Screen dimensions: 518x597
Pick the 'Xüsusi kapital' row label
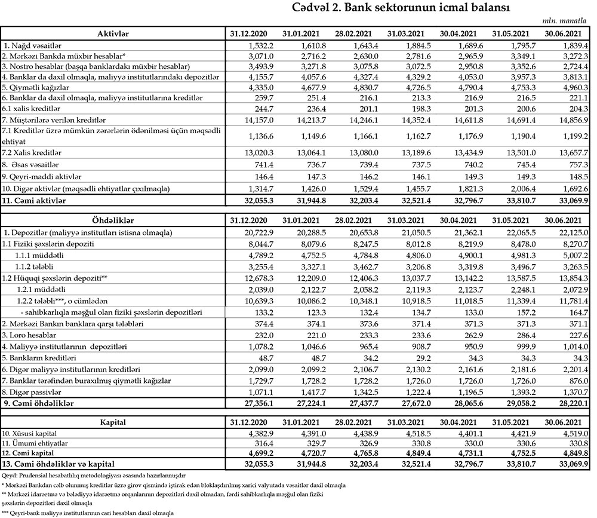[x=32, y=433]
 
